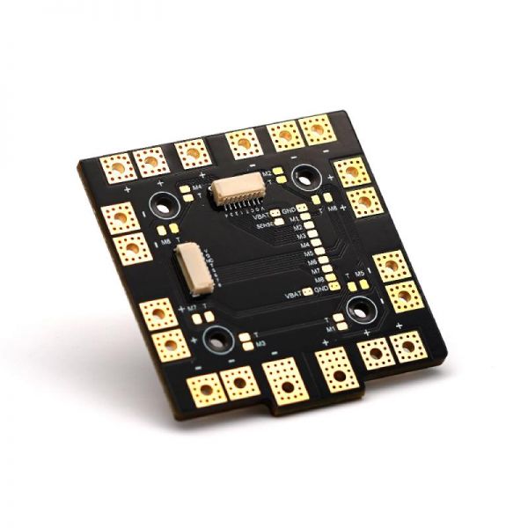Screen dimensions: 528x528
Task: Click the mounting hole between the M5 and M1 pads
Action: point(360,308)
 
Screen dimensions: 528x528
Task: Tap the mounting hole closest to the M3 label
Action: point(216,340)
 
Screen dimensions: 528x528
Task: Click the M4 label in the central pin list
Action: point(299,246)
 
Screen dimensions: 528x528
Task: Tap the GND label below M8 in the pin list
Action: point(321,290)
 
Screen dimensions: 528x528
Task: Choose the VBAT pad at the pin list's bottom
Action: point(307,291)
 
